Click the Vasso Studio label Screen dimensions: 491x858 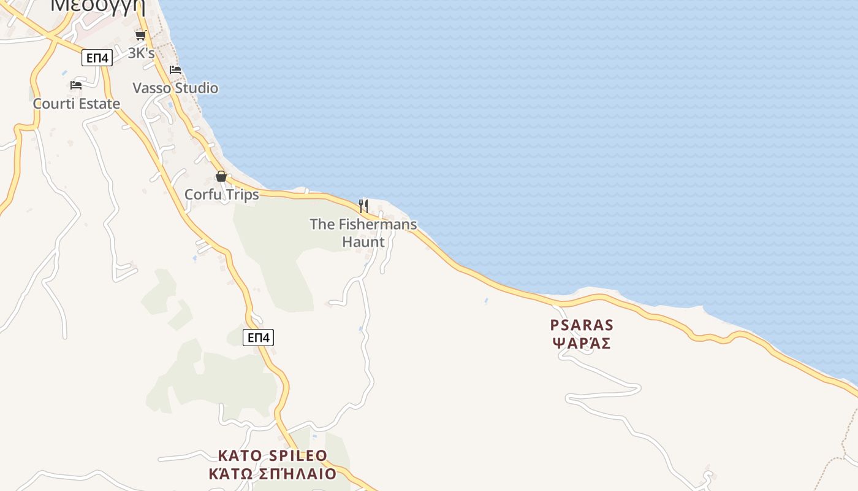tap(175, 88)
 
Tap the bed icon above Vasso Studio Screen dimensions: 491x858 tap(175, 69)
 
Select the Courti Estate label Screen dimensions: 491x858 tap(77, 103)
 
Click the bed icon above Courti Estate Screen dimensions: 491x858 tap(76, 85)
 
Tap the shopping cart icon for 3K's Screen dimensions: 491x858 tap(140, 36)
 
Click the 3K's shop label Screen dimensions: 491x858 tap(141, 53)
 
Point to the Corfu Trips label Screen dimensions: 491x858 tap(222, 195)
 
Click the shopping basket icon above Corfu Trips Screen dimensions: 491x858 tap(221, 177)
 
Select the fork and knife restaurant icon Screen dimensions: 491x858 tap(363, 206)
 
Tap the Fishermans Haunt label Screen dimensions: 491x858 tap(363, 233)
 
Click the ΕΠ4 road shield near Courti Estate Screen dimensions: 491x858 tap(97, 58)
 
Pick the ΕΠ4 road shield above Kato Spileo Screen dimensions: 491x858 tap(258, 337)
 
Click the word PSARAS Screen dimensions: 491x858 tap(582, 325)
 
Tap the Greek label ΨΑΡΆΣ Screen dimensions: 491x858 tap(582, 343)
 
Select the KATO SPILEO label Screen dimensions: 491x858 tap(273, 455)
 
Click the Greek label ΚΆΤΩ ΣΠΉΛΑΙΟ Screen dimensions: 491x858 tap(273, 474)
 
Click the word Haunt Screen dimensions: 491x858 tap(363, 242)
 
